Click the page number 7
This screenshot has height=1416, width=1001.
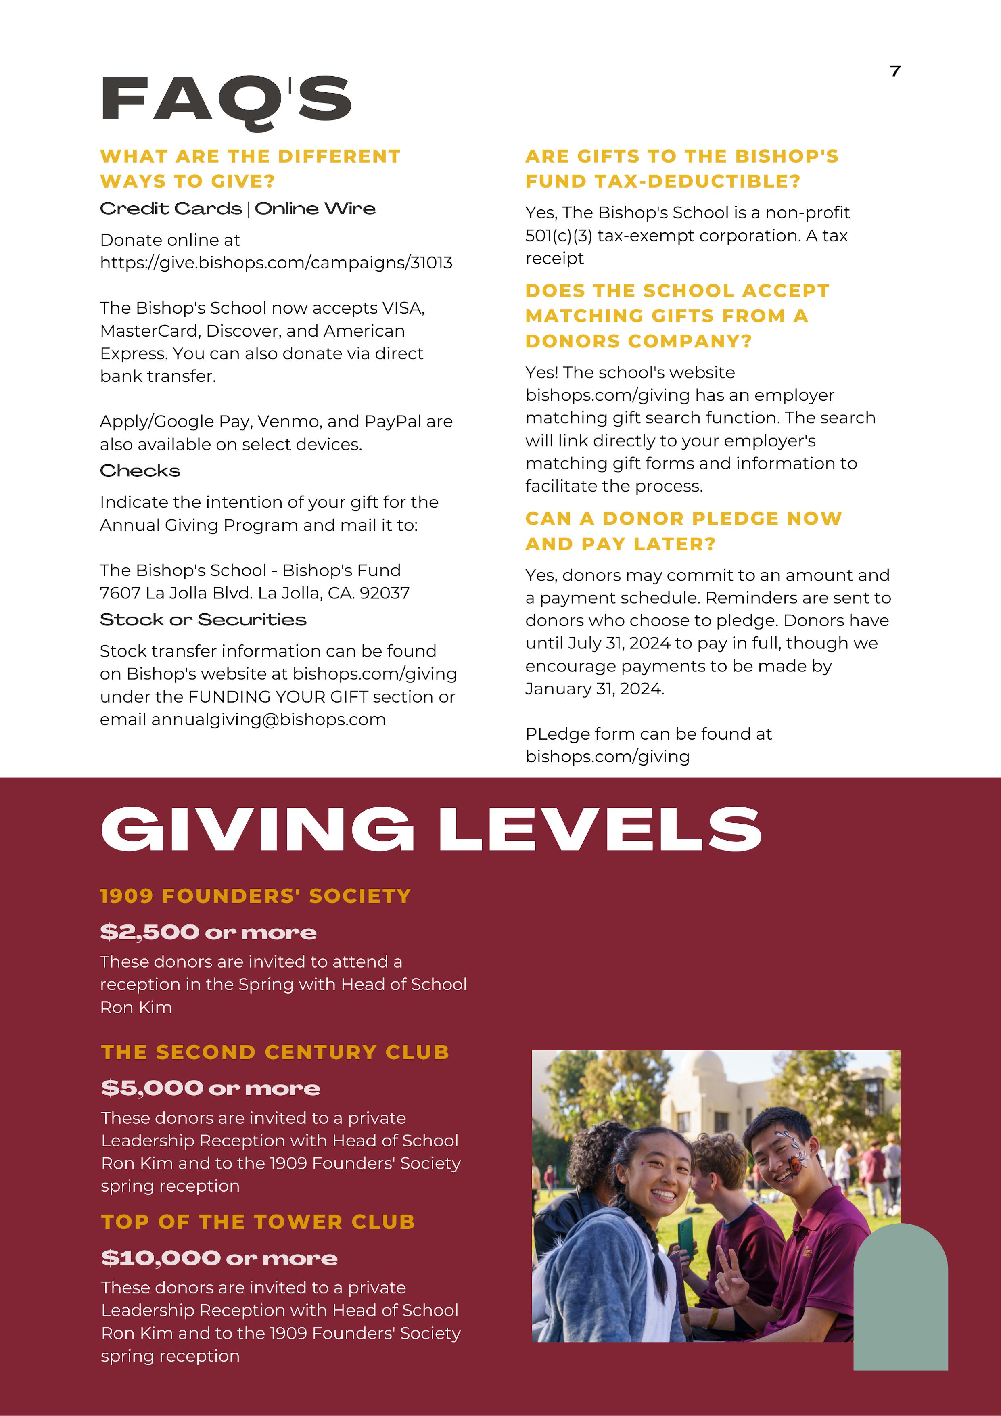click(x=895, y=71)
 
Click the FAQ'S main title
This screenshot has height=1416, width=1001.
click(x=226, y=100)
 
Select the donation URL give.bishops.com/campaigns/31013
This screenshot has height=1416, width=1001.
click(x=276, y=263)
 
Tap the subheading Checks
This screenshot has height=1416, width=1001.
click(x=140, y=471)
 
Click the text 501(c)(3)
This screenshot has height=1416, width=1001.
click(x=559, y=236)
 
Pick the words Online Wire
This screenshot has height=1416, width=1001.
click(x=315, y=209)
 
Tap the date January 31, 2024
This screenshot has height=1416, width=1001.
click(x=594, y=688)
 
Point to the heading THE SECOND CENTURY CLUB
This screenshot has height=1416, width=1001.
click(x=275, y=1052)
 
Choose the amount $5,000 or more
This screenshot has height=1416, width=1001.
click(x=210, y=1088)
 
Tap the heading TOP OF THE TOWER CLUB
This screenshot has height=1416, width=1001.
click(x=258, y=1222)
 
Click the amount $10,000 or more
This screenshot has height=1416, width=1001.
click(x=219, y=1258)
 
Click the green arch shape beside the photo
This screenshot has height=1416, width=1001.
click(x=901, y=1301)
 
